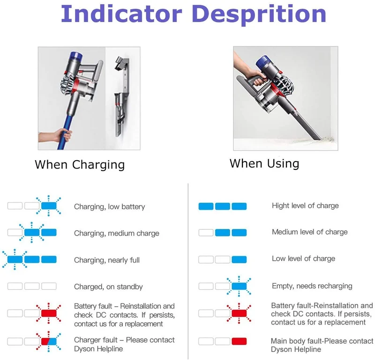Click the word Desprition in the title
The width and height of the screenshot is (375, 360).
259,15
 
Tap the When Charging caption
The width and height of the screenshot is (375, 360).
80,165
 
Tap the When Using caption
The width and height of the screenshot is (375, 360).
264,164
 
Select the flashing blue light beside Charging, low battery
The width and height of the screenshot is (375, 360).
49,206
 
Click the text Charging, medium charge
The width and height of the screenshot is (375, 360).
116,233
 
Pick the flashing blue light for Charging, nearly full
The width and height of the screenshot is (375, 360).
15,259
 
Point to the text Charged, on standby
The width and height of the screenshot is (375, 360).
108,287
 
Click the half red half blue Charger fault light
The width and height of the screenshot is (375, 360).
49,341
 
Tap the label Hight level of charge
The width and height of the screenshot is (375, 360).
305,206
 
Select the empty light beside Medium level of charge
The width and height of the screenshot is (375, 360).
206,233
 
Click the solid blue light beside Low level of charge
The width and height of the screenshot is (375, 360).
239,259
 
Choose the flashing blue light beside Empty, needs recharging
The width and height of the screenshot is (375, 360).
239,286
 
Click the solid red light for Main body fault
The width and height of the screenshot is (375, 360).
239,341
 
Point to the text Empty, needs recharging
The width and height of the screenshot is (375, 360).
312,286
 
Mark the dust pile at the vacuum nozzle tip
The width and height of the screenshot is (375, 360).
327,139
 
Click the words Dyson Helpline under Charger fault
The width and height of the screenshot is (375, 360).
98,349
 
